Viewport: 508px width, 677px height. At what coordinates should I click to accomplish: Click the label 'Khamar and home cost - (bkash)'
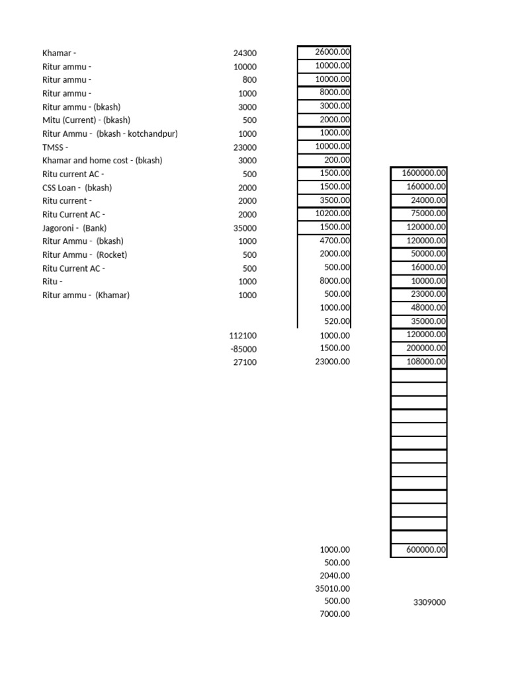pos(102,161)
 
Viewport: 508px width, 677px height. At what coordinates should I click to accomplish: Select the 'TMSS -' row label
pos(55,147)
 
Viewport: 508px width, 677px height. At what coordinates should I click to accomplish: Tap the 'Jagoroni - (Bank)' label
pos(74,228)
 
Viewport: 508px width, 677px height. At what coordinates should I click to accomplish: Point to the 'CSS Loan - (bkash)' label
pos(77,188)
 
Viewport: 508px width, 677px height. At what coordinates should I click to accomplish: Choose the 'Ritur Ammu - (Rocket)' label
pos(85,255)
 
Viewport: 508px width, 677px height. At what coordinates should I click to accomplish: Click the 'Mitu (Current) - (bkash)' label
pos(86,120)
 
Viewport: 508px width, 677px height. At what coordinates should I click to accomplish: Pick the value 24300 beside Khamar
pos(245,54)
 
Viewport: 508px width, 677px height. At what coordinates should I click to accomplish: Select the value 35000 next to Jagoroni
pos(245,228)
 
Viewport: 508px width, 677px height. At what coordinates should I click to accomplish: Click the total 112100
pos(243,336)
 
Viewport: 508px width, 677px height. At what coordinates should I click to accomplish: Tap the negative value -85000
pos(243,349)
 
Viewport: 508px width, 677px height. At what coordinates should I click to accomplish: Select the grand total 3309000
pos(429,602)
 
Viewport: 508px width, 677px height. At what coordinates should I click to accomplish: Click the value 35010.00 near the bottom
pos(333,588)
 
